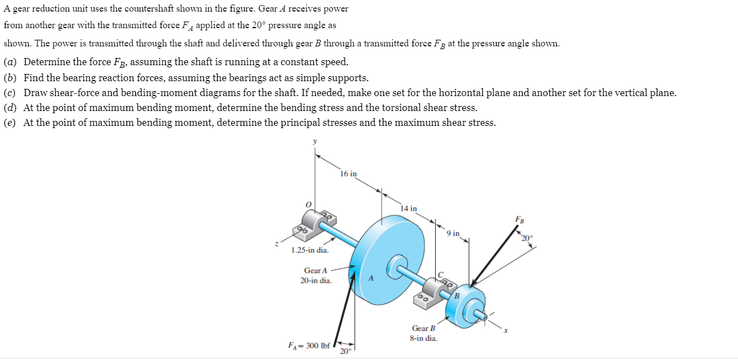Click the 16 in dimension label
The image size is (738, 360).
tap(348, 174)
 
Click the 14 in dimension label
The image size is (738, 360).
tap(409, 209)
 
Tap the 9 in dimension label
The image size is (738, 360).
tap(453, 234)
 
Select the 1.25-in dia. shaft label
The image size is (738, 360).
tap(310, 251)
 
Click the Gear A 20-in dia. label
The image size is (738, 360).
tap(316, 276)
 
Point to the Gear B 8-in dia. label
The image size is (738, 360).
tap(424, 333)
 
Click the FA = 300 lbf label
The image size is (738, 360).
tap(309, 346)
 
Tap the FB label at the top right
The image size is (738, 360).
tap(520, 219)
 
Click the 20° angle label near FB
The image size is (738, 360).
tap(528, 238)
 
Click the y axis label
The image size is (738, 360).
tap(315, 142)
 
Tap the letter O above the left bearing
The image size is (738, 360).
tap(309, 204)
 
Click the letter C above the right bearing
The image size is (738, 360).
tap(440, 274)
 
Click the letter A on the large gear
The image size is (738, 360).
tap(372, 278)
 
